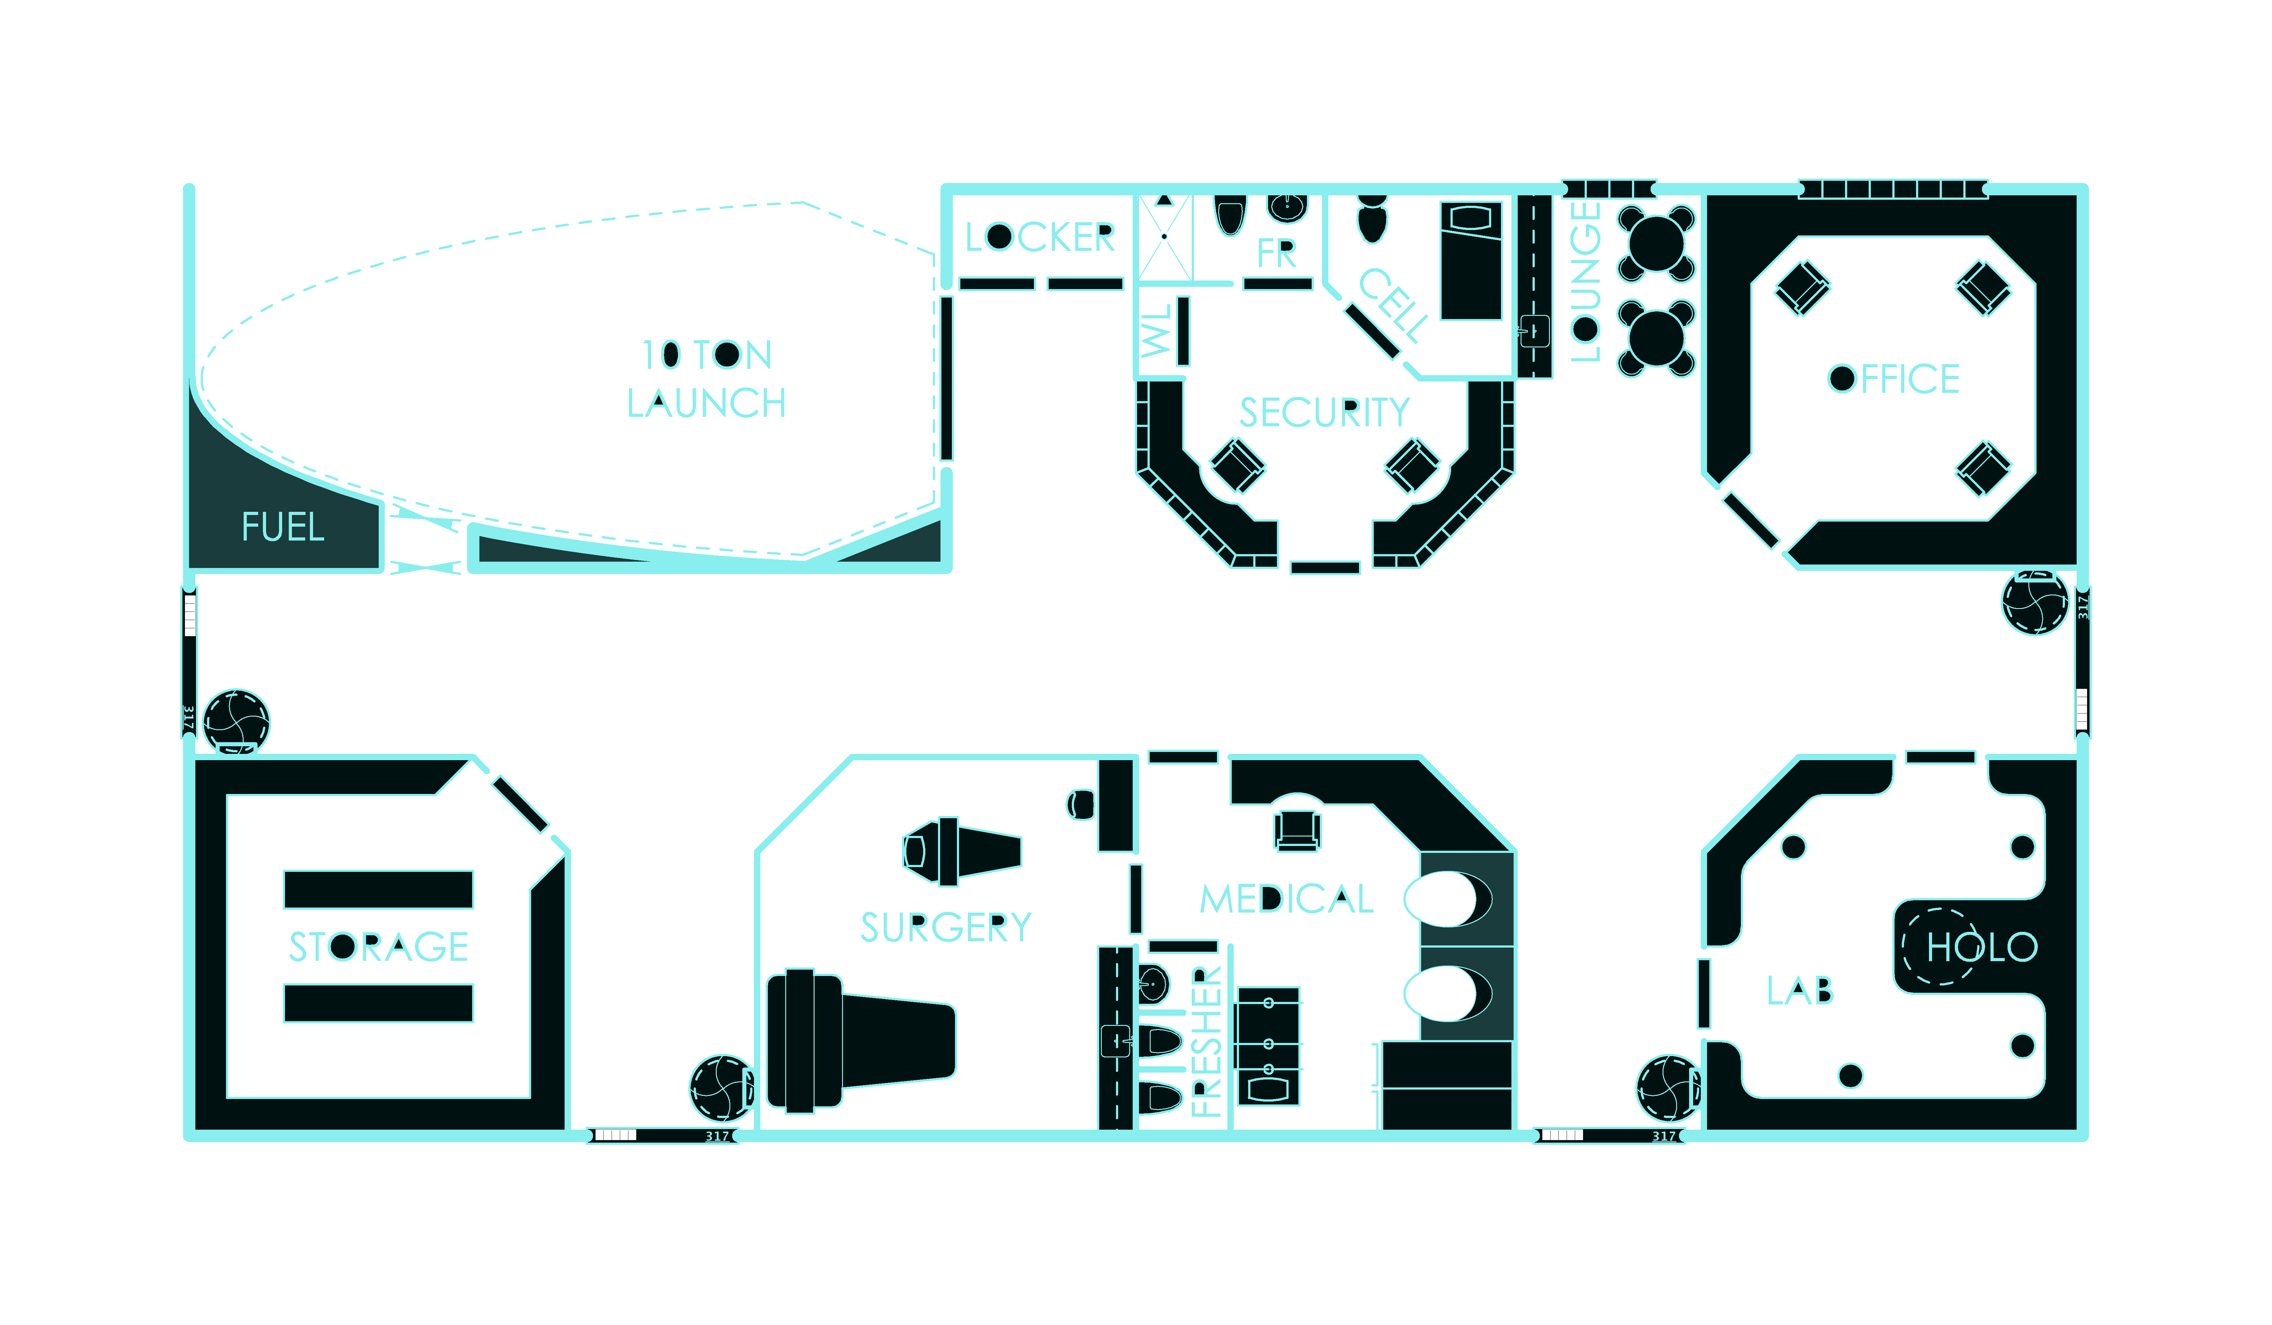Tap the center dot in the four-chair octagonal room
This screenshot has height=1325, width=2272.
[x=1842, y=379]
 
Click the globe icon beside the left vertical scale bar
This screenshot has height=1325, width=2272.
[x=236, y=721]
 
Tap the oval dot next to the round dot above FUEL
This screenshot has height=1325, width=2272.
[x=671, y=354]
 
